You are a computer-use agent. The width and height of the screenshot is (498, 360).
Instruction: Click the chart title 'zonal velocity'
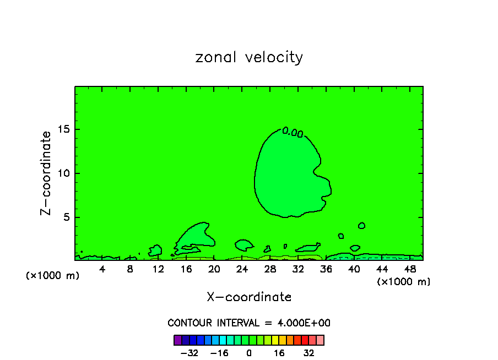click(x=249, y=58)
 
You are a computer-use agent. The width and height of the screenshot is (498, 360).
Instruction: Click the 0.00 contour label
click(x=293, y=132)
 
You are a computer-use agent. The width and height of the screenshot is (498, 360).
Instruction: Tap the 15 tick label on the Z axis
click(x=63, y=130)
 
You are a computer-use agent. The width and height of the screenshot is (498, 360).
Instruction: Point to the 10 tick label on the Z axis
click(x=63, y=173)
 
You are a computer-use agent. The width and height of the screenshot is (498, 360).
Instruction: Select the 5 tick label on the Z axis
click(x=66, y=217)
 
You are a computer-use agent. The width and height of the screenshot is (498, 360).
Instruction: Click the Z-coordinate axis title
click(x=46, y=173)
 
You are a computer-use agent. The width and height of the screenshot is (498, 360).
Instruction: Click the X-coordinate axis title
click(x=249, y=297)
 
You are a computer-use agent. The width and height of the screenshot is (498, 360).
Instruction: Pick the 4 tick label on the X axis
click(x=102, y=269)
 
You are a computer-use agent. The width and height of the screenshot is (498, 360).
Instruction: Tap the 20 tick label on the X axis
click(x=214, y=269)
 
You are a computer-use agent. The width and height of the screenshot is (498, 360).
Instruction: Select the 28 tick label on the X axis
click(x=270, y=269)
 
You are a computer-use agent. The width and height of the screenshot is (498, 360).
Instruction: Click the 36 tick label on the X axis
click(x=326, y=269)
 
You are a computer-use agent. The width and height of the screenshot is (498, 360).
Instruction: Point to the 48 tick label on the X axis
click(x=410, y=269)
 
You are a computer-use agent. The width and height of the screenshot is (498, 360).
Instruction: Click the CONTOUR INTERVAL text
click(x=249, y=323)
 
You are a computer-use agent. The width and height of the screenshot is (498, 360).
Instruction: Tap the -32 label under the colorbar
click(x=190, y=353)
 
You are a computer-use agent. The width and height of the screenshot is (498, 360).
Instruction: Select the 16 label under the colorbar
click(x=279, y=353)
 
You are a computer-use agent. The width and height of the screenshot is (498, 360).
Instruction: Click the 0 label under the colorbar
click(x=249, y=353)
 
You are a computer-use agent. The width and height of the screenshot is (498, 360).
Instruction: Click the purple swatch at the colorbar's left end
click(x=178, y=340)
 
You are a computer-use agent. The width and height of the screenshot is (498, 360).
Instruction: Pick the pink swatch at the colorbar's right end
click(x=320, y=340)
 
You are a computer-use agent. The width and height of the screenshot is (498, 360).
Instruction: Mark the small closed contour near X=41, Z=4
click(x=361, y=226)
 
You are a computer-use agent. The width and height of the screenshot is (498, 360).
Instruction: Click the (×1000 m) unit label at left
click(x=53, y=276)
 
